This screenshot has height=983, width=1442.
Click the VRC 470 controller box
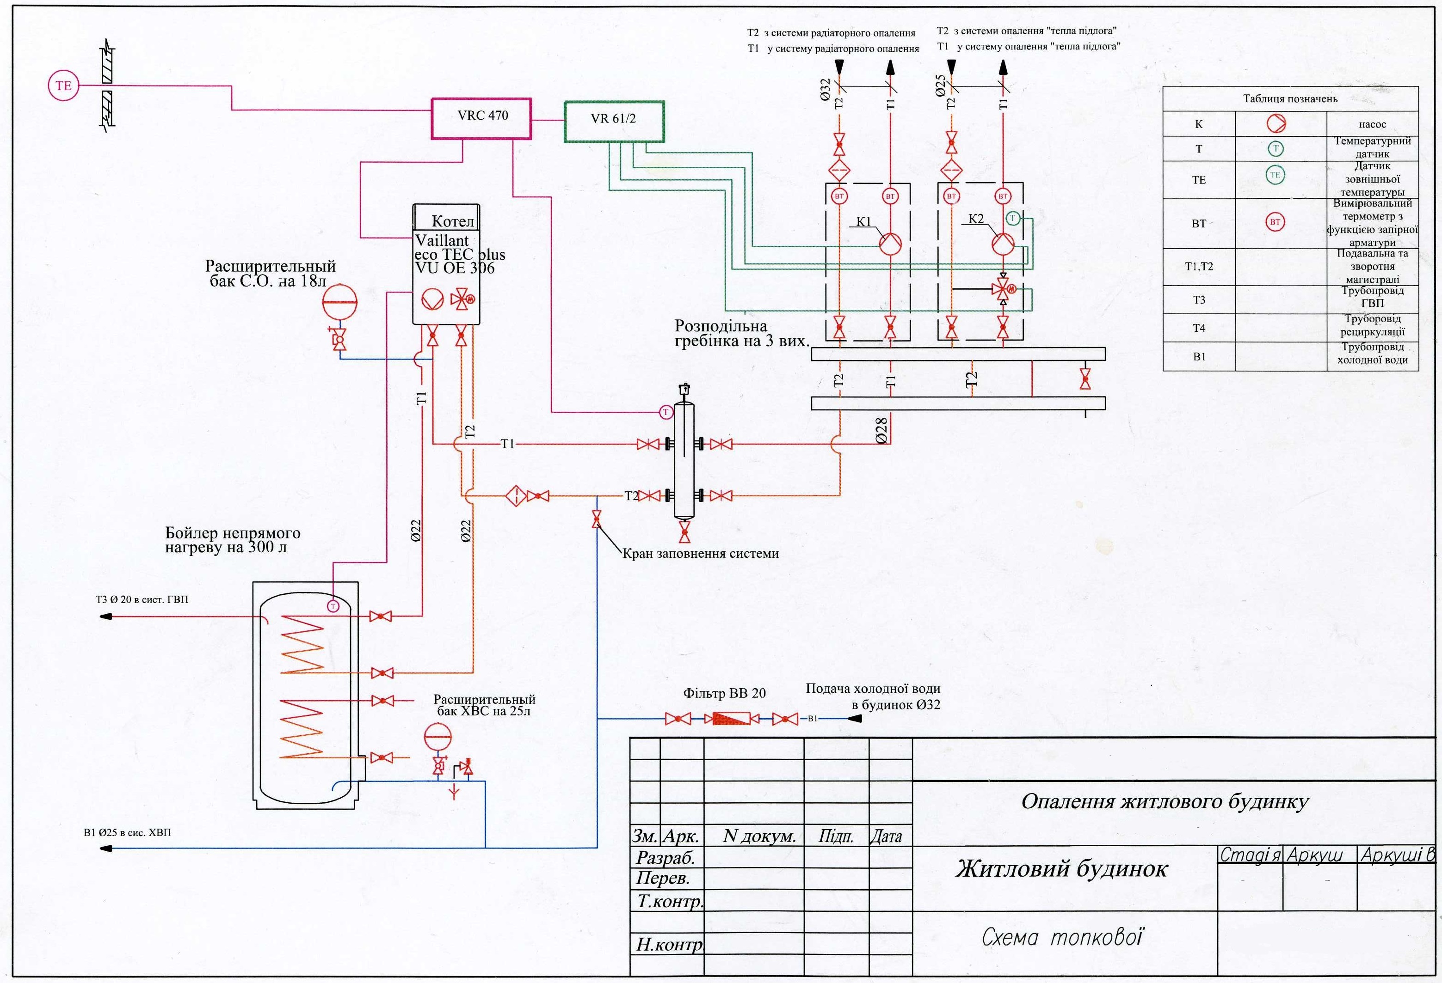click(x=481, y=118)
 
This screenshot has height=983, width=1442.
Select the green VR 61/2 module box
click(x=614, y=122)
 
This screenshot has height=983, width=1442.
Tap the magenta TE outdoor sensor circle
click(x=63, y=85)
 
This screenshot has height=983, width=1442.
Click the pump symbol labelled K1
click(x=890, y=243)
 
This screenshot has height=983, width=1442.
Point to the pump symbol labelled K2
click(x=1002, y=243)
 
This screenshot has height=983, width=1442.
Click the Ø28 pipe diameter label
click(x=881, y=430)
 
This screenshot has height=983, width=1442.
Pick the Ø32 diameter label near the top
click(x=825, y=89)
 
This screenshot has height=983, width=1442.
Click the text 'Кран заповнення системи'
click(x=701, y=553)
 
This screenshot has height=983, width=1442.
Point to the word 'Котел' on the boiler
click(x=452, y=221)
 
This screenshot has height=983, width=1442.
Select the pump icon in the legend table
click(x=1276, y=124)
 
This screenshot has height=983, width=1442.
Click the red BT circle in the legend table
click(x=1275, y=221)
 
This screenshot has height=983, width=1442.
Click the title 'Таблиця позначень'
click(x=1290, y=98)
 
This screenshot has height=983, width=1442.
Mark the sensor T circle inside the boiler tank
click(x=333, y=606)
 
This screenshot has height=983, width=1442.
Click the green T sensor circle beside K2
click(x=1012, y=218)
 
